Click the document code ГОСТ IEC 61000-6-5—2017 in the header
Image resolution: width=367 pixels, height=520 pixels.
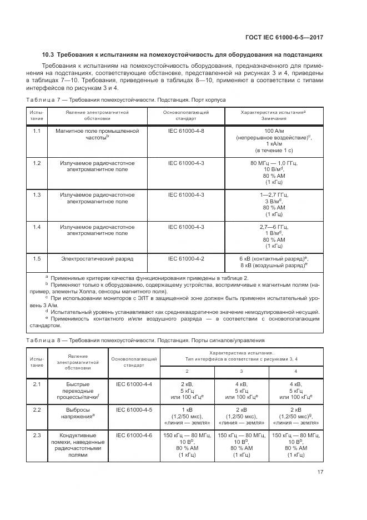click(284, 38)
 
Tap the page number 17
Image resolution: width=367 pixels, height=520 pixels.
click(320, 472)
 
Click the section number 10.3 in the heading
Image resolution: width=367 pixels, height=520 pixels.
click(49, 55)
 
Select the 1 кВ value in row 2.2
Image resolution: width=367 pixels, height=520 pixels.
click(187, 409)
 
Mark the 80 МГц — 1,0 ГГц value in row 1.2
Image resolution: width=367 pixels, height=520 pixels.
click(274, 163)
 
